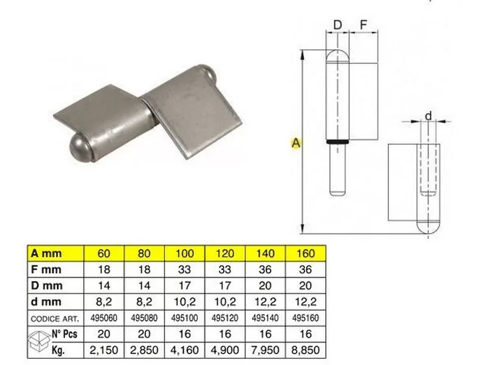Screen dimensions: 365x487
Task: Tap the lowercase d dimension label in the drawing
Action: coord(428,116)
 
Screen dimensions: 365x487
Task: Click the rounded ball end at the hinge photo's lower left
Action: coord(80,146)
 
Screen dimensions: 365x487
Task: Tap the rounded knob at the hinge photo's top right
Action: coord(208,75)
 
